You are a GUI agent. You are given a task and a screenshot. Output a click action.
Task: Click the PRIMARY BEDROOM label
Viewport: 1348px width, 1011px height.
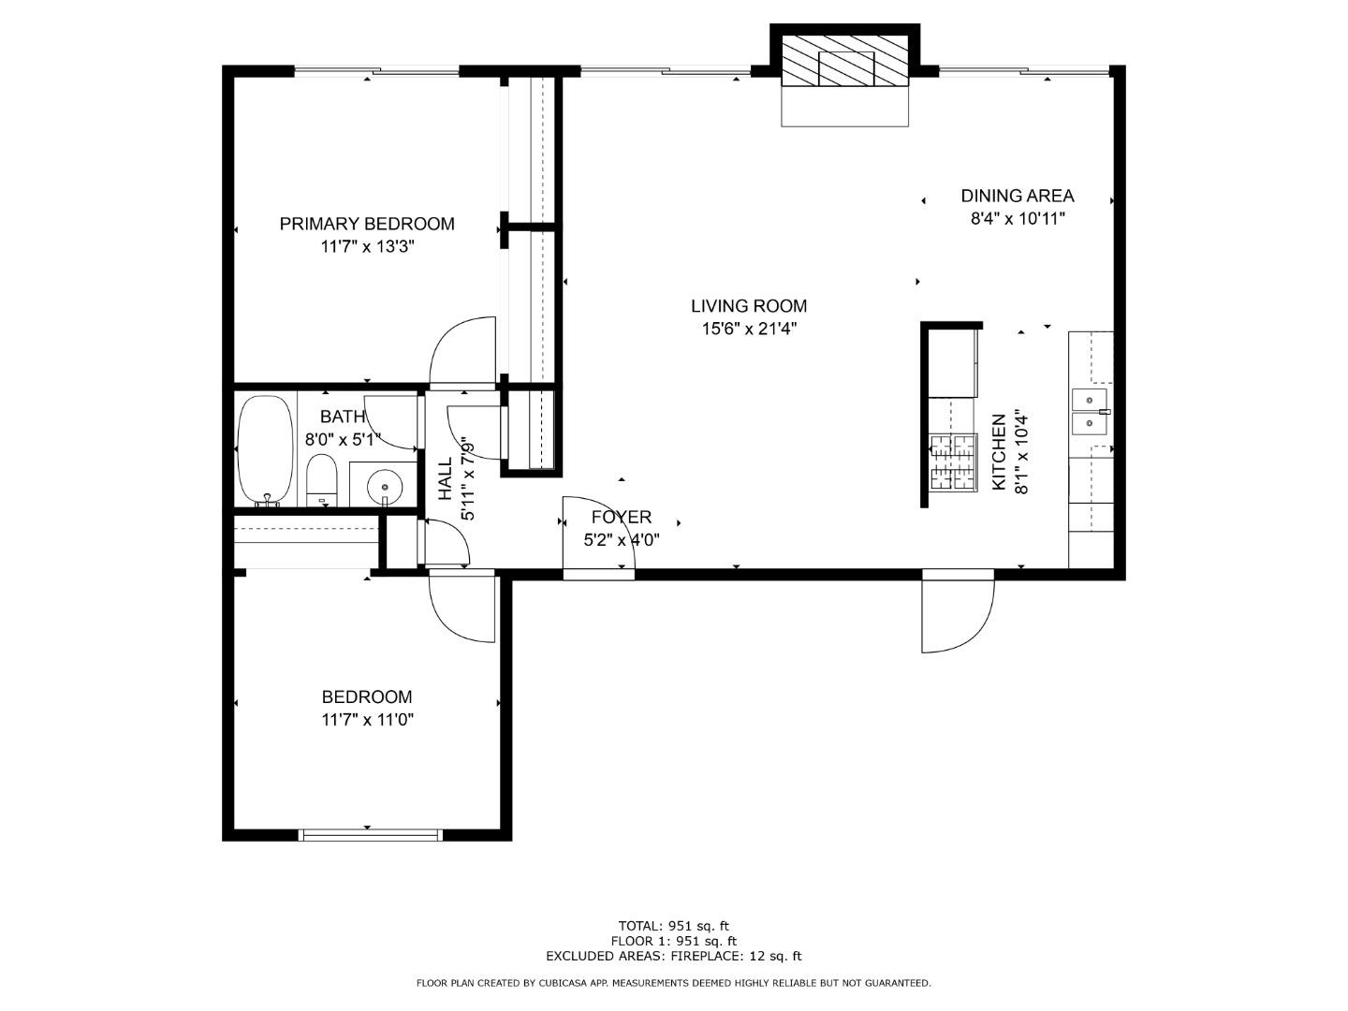point(367,224)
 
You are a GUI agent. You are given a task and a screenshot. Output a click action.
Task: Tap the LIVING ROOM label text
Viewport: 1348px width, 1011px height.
point(748,306)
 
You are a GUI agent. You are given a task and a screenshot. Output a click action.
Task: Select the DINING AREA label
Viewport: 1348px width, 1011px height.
point(1017,196)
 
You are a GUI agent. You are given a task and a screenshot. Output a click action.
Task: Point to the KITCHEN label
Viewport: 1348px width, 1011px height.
point(999,452)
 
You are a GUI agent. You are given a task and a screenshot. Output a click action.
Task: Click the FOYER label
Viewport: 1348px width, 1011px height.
point(621,518)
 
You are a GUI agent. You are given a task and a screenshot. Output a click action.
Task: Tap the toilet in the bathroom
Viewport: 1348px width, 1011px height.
point(321,479)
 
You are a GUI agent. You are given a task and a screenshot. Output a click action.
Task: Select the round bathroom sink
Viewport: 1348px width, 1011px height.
point(384,486)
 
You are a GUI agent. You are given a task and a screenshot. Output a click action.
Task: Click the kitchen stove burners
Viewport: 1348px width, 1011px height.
point(952,463)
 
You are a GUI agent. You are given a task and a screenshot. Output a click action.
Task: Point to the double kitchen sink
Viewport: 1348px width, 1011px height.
point(1090,413)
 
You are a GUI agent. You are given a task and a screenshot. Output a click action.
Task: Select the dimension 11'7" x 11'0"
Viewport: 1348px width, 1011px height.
point(367,720)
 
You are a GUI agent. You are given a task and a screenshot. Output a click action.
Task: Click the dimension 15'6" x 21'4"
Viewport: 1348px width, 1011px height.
point(748,329)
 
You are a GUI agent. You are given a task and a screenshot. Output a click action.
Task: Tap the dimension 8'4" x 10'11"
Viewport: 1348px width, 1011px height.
point(1017,219)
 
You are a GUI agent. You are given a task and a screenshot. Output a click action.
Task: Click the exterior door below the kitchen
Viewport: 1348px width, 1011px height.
point(955,613)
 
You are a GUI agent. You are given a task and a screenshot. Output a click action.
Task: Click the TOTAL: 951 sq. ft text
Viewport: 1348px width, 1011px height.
point(673,926)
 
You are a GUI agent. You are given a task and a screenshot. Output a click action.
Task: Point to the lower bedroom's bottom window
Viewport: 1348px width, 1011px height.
point(370,834)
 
